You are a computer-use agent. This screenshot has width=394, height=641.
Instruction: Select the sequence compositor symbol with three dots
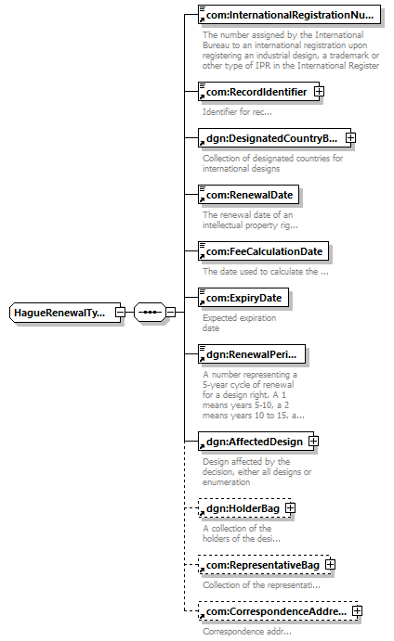point(150,313)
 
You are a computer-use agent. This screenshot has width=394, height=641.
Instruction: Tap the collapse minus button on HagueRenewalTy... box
point(120,313)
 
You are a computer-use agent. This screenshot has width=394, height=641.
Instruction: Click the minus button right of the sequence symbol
point(170,313)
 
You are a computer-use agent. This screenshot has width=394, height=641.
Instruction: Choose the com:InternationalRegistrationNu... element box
point(289,15)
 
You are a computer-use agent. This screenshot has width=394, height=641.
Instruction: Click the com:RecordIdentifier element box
point(256,92)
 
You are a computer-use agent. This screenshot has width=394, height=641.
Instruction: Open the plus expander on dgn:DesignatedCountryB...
point(350,138)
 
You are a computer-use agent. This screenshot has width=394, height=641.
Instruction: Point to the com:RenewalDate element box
point(248,195)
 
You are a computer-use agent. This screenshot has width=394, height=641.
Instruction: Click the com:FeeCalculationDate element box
point(263,251)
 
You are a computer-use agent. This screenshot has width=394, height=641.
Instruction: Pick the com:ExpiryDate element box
point(243,298)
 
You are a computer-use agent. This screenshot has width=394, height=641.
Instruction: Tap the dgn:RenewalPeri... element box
point(252,354)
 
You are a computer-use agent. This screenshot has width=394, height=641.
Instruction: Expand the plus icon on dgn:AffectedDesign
point(313,442)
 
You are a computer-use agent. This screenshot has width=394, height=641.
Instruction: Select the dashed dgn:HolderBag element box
point(244,508)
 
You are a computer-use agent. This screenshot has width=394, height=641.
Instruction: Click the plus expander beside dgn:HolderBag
point(290,508)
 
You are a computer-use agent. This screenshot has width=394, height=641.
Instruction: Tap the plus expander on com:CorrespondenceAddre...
point(357,611)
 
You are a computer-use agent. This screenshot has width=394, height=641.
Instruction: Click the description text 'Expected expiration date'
point(239,323)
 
